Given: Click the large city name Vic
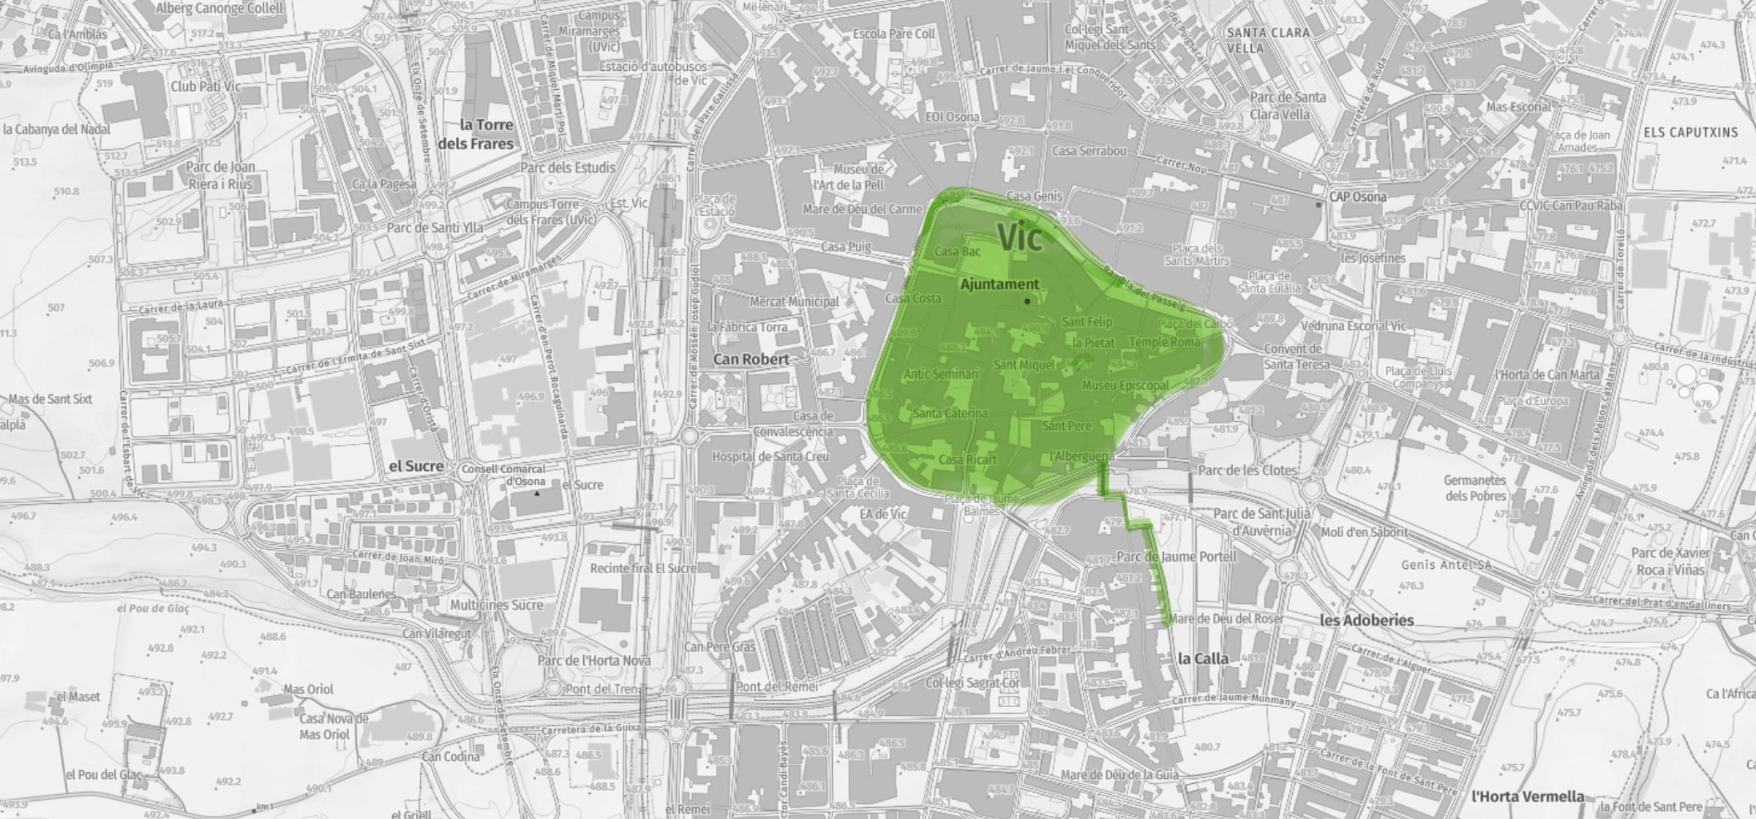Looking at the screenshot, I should (x=1019, y=237).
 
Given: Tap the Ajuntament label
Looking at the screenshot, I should (x=999, y=284).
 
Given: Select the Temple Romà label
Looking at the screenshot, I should (x=1165, y=341).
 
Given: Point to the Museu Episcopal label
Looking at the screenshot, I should (x=1125, y=385).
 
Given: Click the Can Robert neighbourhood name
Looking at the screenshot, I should (x=751, y=359).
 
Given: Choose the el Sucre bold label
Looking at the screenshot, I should (x=416, y=466).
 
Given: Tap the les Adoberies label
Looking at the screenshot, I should (x=1367, y=620).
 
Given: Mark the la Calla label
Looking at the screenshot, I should (x=1203, y=659).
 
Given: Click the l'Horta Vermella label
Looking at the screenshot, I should (x=1528, y=796).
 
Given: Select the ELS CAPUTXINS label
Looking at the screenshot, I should (x=1690, y=132).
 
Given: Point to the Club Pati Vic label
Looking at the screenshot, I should (x=206, y=86).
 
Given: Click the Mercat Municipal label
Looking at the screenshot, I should (x=794, y=301).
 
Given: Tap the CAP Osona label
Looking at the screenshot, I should (x=1358, y=197).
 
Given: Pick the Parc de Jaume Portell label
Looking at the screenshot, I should (x=1176, y=556).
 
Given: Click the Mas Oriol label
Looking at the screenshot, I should (x=308, y=689).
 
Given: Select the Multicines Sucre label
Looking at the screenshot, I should (x=497, y=605).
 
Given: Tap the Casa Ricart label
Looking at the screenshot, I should (x=967, y=460).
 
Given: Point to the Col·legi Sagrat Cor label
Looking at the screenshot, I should (x=972, y=682).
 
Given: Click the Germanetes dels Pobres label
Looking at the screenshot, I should (x=1475, y=488).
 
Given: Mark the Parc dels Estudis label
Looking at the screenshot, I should (x=568, y=167).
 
